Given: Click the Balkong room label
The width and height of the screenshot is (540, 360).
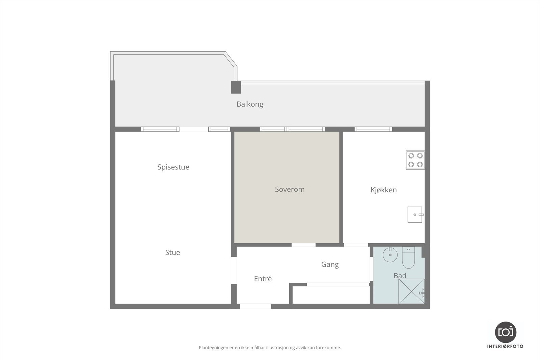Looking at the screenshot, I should tap(250, 104).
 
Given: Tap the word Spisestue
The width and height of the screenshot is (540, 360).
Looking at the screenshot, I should tap(173, 167).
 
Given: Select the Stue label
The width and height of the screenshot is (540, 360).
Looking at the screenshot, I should tap(172, 253).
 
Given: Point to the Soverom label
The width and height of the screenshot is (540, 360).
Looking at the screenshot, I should tap(290, 190).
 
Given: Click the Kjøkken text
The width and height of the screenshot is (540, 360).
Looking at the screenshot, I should tap(383, 190).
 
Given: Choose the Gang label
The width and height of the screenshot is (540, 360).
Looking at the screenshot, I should tap(330, 265).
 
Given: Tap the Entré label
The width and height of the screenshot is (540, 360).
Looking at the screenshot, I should tap(263, 279).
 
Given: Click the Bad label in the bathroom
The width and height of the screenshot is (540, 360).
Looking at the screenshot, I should tap(400, 276).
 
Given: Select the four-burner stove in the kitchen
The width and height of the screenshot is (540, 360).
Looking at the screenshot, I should tap(415, 160).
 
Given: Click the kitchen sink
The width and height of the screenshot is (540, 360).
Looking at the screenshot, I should tap(415, 215).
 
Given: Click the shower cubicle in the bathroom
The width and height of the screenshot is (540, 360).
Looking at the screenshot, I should tap(411, 291).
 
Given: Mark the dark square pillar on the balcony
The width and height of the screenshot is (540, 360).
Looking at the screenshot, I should tap(236, 87).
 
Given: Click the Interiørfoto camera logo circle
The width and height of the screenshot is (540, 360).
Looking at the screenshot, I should tap(506, 332).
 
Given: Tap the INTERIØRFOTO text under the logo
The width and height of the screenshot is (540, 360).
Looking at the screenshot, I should tap(505, 347).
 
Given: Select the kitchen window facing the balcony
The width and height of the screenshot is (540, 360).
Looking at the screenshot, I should tap(373, 129).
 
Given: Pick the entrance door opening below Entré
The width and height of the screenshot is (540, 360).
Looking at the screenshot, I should tap(255, 306).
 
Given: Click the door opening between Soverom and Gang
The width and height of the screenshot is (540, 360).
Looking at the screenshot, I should tap(303, 245).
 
